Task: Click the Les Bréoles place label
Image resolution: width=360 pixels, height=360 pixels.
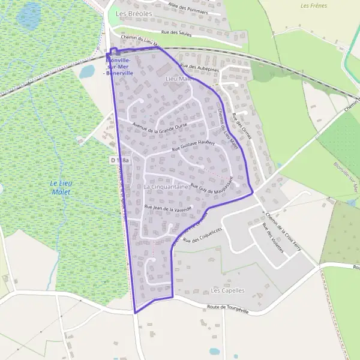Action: coord(134,13)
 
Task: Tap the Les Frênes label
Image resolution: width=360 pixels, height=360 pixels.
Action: coord(313,5)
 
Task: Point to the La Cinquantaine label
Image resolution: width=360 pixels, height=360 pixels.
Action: coord(166,187)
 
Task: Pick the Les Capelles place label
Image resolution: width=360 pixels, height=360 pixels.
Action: coord(228,290)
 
